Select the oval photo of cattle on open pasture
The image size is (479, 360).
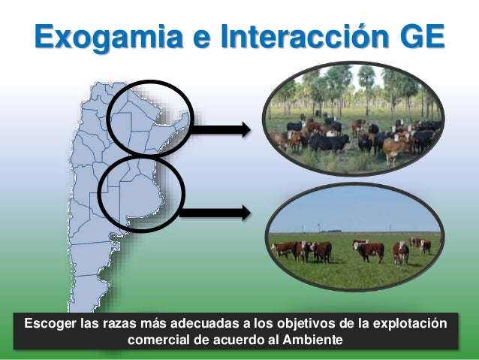356,237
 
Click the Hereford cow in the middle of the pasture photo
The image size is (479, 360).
369,250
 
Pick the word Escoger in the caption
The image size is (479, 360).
50,324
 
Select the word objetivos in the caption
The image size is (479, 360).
303,324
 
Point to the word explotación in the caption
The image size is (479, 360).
411,324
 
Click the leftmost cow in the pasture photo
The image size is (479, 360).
287,249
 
